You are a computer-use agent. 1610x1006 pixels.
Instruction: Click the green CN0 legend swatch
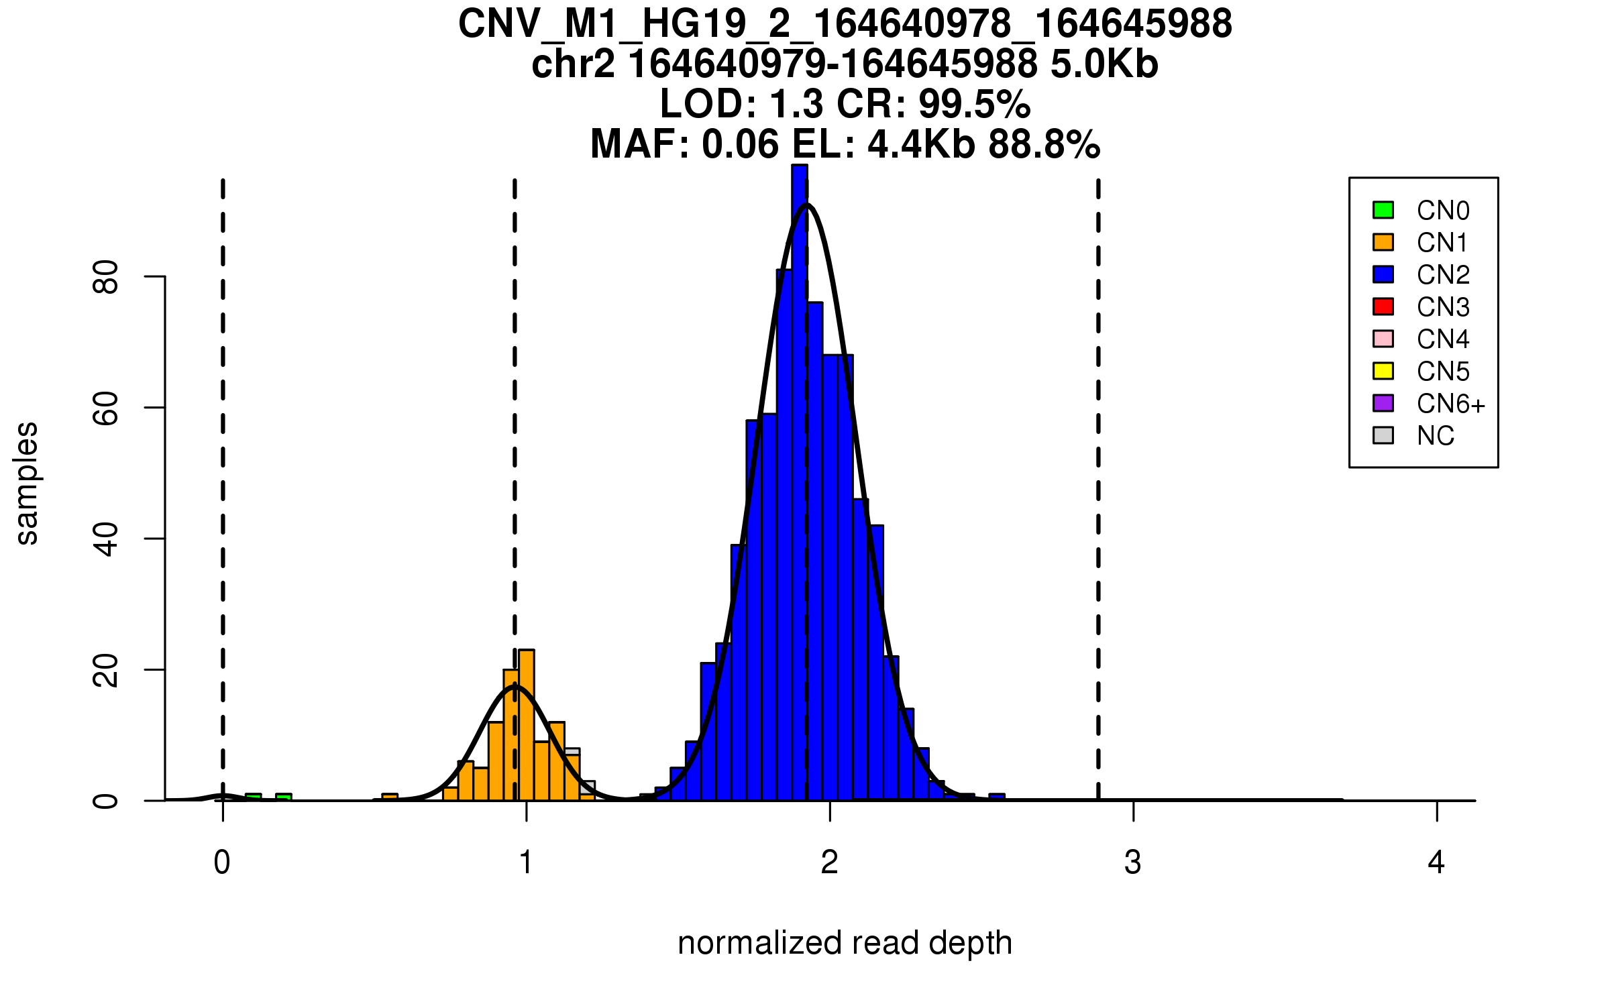tap(1383, 210)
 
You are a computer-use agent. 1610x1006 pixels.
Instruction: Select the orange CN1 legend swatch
tap(1383, 242)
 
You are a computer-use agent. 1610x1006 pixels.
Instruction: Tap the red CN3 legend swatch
tap(1383, 306)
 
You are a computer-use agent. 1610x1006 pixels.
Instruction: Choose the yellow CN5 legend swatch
tap(1383, 371)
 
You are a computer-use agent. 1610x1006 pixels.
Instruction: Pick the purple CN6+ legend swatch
tap(1383, 403)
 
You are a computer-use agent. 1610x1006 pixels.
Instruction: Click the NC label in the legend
tap(1435, 436)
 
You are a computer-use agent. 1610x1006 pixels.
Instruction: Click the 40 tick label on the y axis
tap(106, 539)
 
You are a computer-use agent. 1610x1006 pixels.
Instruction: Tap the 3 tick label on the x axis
tap(1133, 862)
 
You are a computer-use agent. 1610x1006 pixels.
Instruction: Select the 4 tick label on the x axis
tap(1436, 862)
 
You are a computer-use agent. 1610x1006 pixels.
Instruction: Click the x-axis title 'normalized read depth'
tap(845, 943)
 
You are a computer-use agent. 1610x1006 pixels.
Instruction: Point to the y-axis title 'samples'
tap(27, 483)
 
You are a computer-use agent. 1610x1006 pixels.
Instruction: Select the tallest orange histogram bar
tap(527, 724)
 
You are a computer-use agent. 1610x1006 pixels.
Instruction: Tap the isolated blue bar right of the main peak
tap(997, 797)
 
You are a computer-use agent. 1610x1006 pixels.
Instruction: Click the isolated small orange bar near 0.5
tap(390, 797)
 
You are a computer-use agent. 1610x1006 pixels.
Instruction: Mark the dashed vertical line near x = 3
tap(1098, 469)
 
